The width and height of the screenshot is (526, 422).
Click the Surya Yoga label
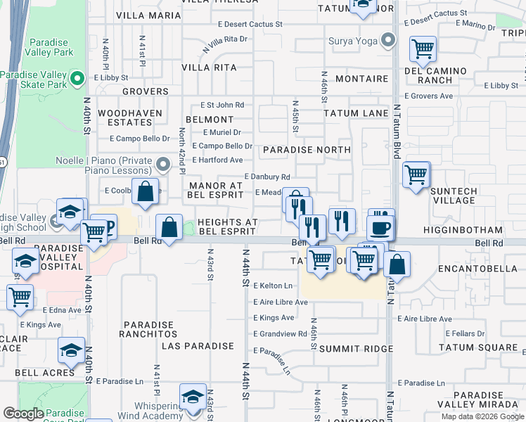pyautogui.click(x=354, y=40)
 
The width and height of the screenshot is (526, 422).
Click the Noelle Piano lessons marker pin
pyautogui.click(x=164, y=165)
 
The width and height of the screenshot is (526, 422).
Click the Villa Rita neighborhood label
pyautogui.click(x=209, y=68)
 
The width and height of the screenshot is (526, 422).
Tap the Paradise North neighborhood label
pyautogui.click(x=307, y=150)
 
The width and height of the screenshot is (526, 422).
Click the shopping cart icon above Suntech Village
pyautogui.click(x=416, y=174)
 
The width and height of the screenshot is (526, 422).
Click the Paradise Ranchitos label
pyautogui.click(x=149, y=329)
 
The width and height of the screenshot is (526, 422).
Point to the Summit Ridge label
pyautogui.click(x=356, y=349)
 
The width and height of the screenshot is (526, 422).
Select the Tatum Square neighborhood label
pyautogui.click(x=478, y=347)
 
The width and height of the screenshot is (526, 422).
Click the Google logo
pyautogui.click(x=24, y=413)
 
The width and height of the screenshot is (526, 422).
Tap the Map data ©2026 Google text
pyautogui.click(x=483, y=416)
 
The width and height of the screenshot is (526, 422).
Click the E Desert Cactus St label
pyautogui.click(x=250, y=24)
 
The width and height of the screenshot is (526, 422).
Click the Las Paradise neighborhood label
pyautogui.click(x=198, y=346)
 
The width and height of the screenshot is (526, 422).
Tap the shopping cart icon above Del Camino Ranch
pyautogui.click(x=423, y=49)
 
